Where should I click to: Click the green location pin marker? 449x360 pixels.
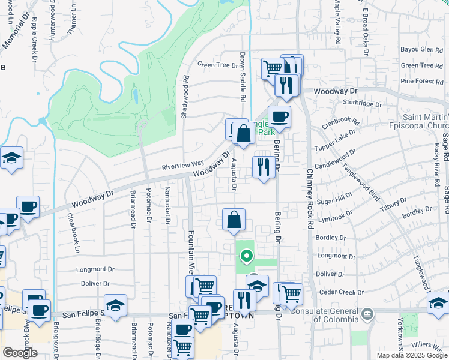(246, 257)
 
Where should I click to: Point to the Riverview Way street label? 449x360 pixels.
(183, 165)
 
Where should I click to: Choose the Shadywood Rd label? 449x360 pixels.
(185, 96)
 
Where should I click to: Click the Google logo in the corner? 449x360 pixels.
(20, 352)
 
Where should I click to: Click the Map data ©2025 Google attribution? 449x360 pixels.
(411, 355)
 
